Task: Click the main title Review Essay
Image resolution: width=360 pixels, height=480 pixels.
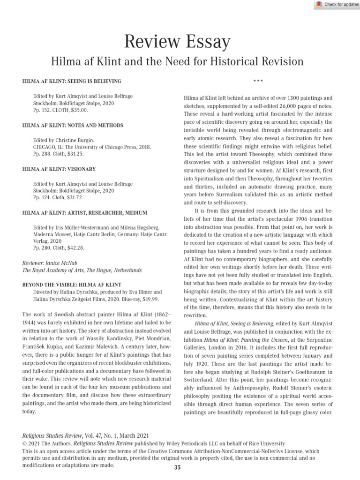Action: point(177,42)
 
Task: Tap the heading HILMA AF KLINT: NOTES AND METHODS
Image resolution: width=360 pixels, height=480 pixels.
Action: point(73,126)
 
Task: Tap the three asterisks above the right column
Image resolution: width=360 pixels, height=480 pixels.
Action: point(258,82)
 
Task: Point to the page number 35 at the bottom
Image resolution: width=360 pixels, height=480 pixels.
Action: point(177,467)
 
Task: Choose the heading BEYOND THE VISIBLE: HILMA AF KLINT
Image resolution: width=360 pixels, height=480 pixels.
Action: point(72,285)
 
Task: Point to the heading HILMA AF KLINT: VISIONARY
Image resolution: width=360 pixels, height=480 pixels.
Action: point(59,169)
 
